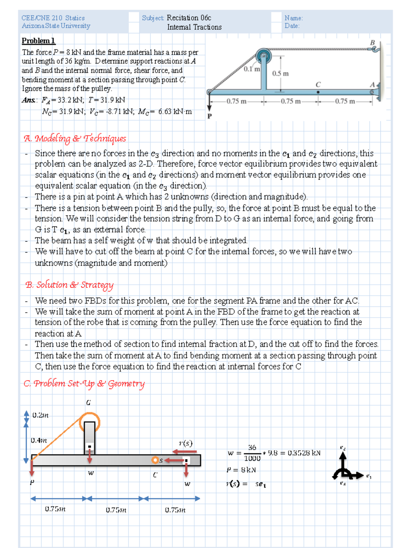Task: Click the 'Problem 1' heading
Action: coord(38,41)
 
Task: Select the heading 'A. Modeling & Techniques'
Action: coord(75,138)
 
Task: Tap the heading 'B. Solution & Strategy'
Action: coord(69,285)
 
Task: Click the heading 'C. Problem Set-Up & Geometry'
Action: coord(84,384)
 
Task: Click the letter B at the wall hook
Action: coord(372,43)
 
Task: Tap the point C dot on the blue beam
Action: coord(318,92)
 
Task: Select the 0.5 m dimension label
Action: coord(280,74)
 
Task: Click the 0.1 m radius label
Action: coord(252,69)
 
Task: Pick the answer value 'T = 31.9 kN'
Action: coord(107,100)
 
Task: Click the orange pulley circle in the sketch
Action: coord(89,422)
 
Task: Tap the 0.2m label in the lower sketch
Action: coord(40,415)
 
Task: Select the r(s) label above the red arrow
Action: coord(186,443)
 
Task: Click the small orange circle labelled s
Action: coord(155,460)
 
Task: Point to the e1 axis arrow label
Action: coord(369,476)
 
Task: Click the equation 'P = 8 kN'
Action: coord(241,470)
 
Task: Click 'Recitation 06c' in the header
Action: coord(189,18)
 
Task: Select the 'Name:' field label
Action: coord(294,18)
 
